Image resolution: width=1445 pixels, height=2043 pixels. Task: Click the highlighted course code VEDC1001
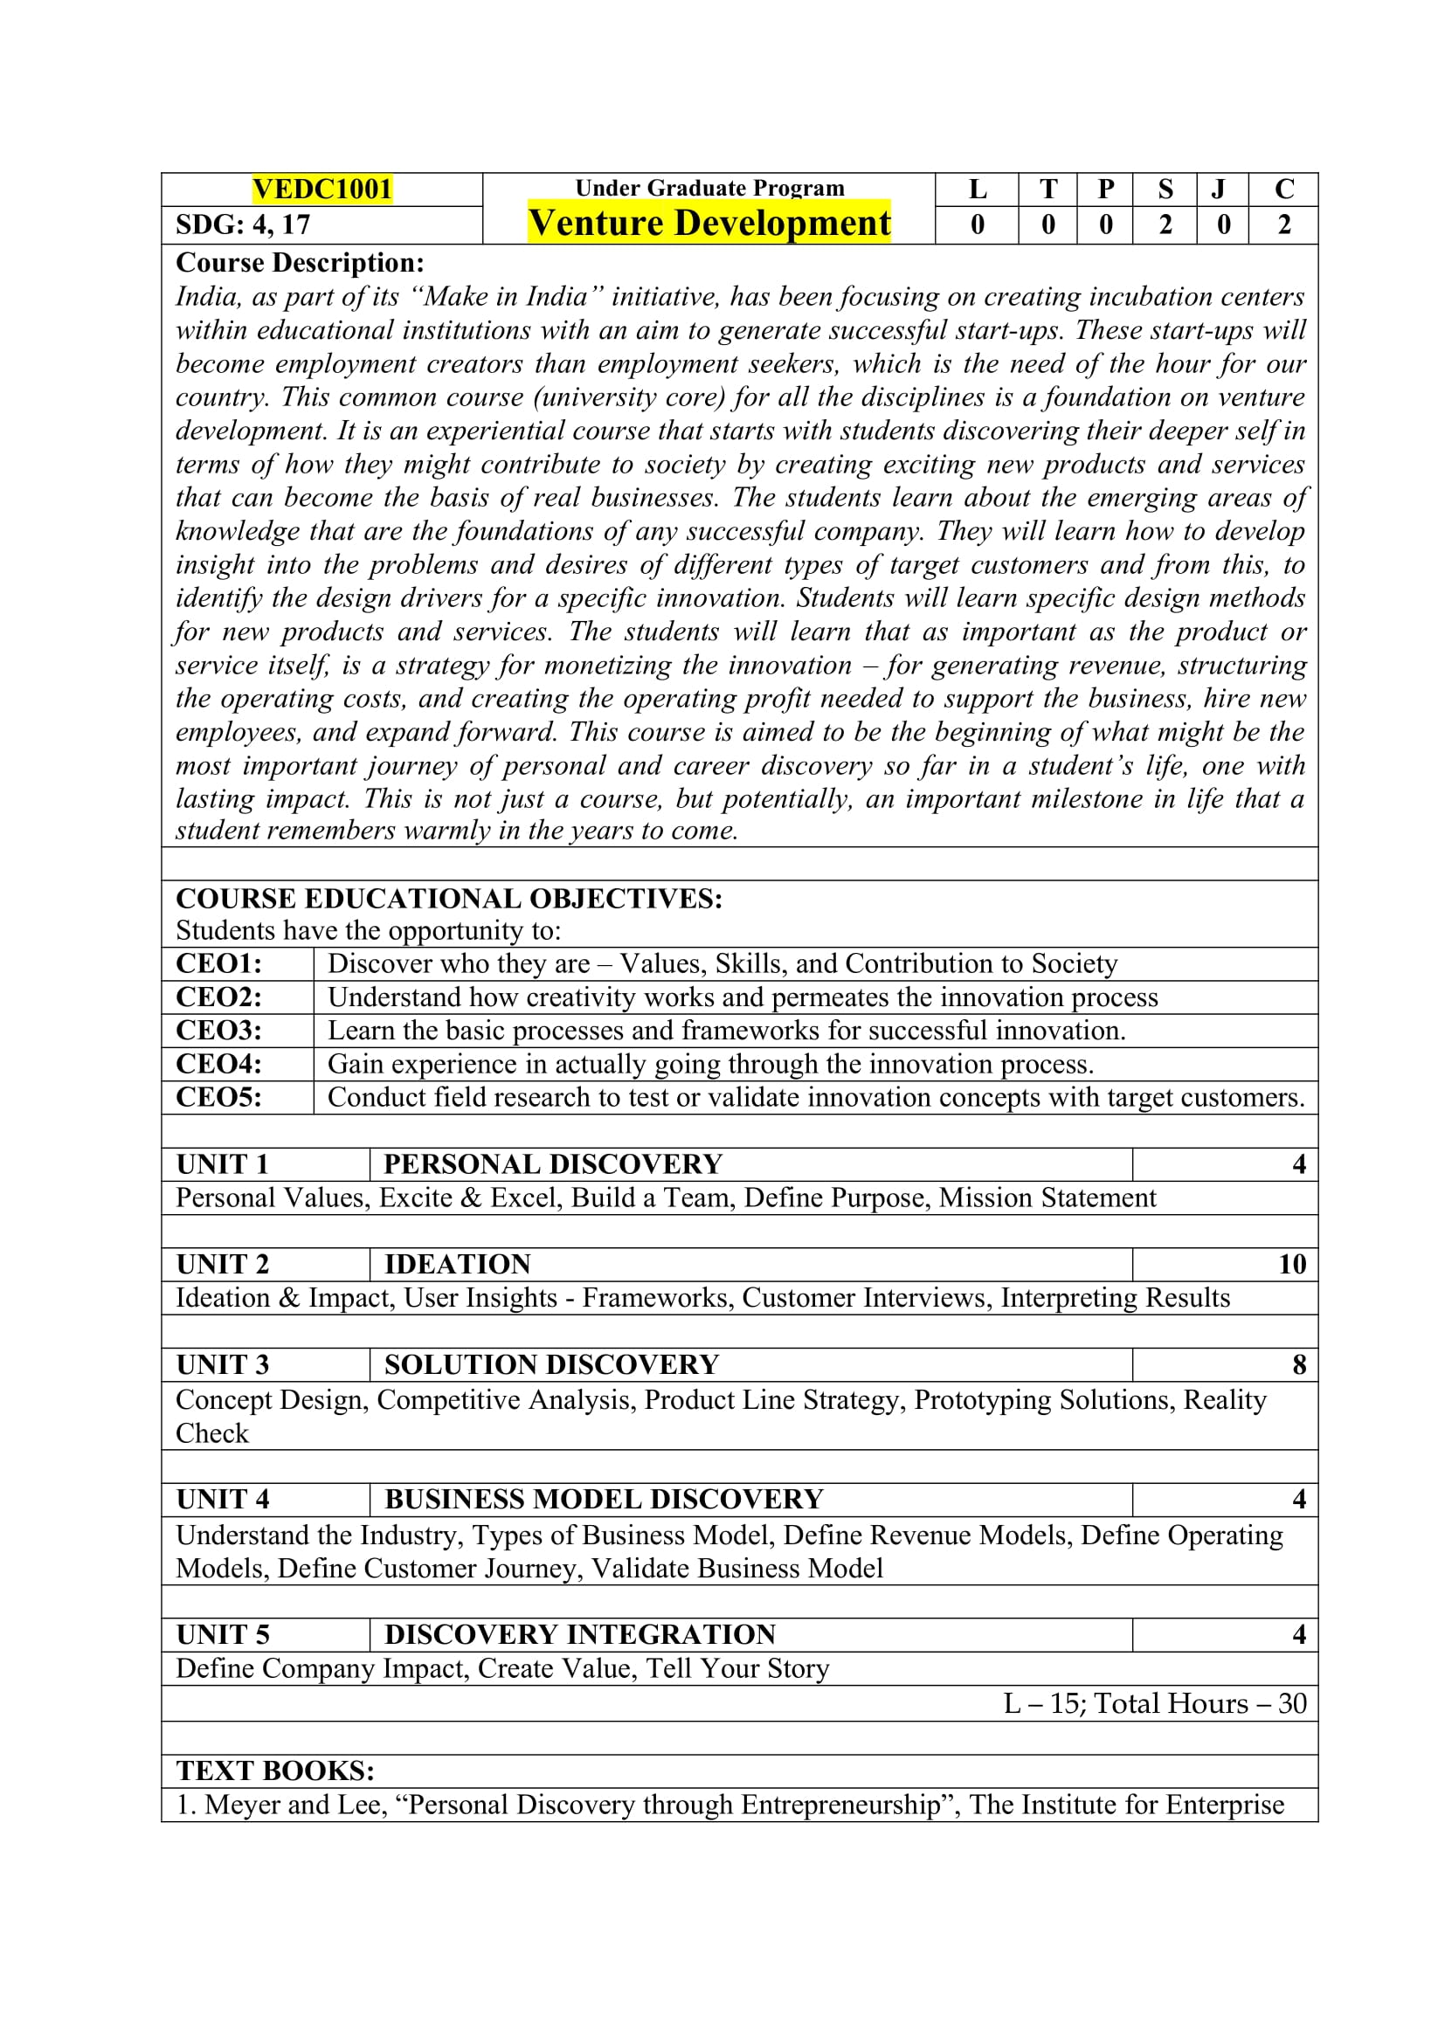coord(322,189)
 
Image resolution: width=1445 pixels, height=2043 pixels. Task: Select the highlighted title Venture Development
coord(709,224)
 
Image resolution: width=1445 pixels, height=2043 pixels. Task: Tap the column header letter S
coord(1165,189)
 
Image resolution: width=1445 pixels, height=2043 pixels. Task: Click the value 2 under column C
coord(1284,225)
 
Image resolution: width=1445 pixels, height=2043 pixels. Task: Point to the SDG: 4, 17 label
coord(243,225)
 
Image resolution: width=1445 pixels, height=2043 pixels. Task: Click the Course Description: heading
coord(300,263)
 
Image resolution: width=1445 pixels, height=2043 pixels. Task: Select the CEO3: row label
coord(219,1031)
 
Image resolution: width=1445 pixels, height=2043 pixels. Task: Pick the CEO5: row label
coord(219,1097)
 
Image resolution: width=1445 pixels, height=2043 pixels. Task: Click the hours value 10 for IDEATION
coord(1292,1265)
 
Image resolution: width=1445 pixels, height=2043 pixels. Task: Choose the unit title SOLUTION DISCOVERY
coord(550,1365)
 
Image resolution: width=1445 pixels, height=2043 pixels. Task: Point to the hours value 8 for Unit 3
coord(1299,1365)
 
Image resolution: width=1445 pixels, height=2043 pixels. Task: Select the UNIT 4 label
coord(223,1500)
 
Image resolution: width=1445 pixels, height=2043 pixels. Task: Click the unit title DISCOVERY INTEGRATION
coord(579,1634)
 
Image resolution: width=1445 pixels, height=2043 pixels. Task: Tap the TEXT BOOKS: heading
coord(275,1770)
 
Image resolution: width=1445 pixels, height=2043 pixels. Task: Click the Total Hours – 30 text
coord(1200,1703)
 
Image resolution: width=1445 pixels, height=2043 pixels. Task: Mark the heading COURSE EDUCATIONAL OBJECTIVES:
coord(448,899)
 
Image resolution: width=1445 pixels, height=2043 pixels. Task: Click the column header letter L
coord(977,189)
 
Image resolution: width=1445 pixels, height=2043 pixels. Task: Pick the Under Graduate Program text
coord(709,188)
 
